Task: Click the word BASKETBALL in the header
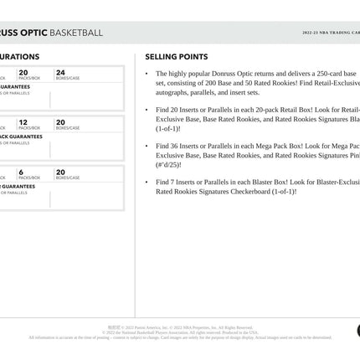point(77,33)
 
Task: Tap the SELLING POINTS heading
point(177,57)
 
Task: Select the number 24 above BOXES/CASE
point(60,73)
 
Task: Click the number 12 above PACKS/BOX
point(23,122)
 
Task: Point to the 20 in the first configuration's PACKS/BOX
point(23,73)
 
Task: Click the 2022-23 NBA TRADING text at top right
point(331,33)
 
